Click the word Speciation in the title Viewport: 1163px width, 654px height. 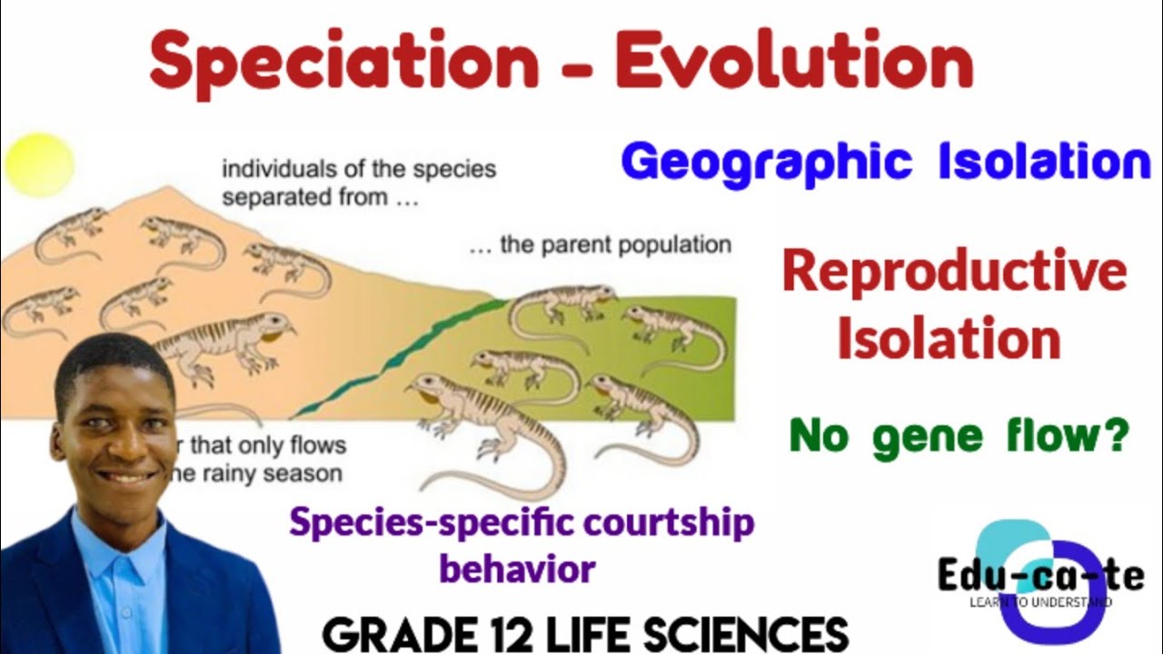click(x=344, y=62)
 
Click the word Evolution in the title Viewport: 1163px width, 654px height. click(x=793, y=62)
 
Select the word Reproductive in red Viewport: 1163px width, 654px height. click(x=954, y=272)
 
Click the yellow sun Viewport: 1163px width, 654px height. click(x=38, y=164)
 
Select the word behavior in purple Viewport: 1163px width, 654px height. click(x=517, y=569)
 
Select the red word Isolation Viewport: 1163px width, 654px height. click(x=949, y=339)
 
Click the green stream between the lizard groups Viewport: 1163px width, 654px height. click(x=409, y=350)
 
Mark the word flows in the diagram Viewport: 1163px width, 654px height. click(x=317, y=445)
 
